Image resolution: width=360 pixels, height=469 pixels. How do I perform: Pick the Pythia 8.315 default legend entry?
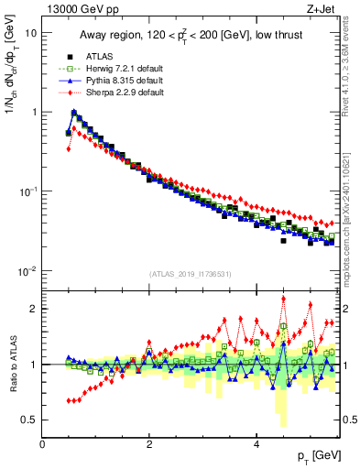[107, 81]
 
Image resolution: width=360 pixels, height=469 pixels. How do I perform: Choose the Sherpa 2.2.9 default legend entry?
[107, 93]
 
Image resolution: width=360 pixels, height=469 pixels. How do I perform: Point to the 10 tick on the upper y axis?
[30, 33]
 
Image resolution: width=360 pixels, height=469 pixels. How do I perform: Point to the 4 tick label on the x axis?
[256, 443]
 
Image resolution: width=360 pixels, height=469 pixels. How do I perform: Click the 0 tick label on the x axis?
[42, 443]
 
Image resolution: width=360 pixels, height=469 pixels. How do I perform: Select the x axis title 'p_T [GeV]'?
[317, 456]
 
